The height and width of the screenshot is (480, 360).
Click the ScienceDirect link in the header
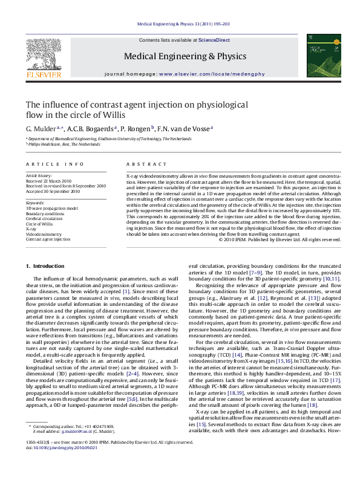215,39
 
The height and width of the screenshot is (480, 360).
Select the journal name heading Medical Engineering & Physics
180,57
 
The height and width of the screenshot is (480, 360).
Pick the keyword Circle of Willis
39,224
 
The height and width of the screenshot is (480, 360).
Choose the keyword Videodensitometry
44,234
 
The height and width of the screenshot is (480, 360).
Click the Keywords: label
35,203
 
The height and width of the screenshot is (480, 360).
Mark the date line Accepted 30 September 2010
53,191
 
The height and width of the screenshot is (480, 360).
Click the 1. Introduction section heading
48,267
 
